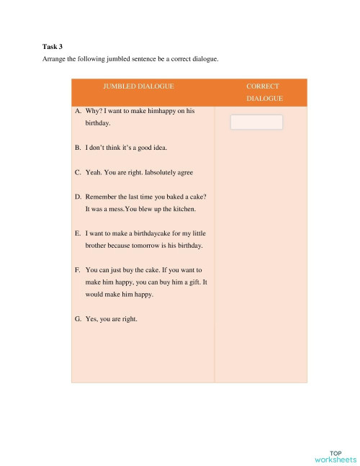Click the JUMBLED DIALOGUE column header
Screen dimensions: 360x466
(x=138, y=86)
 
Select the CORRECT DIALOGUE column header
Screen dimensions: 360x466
(x=262, y=92)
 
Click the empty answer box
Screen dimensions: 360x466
(x=256, y=122)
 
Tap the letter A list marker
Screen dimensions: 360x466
(x=77, y=112)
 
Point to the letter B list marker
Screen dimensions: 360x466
(x=77, y=148)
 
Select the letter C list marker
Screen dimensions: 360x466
(x=77, y=173)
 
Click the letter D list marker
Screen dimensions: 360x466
(x=77, y=197)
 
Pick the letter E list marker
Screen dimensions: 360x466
(x=77, y=233)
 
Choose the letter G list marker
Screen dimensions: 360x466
(x=77, y=318)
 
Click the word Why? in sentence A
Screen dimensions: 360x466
(x=94, y=112)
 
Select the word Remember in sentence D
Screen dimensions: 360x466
(x=101, y=197)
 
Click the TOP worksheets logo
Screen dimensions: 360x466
(x=336, y=456)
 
